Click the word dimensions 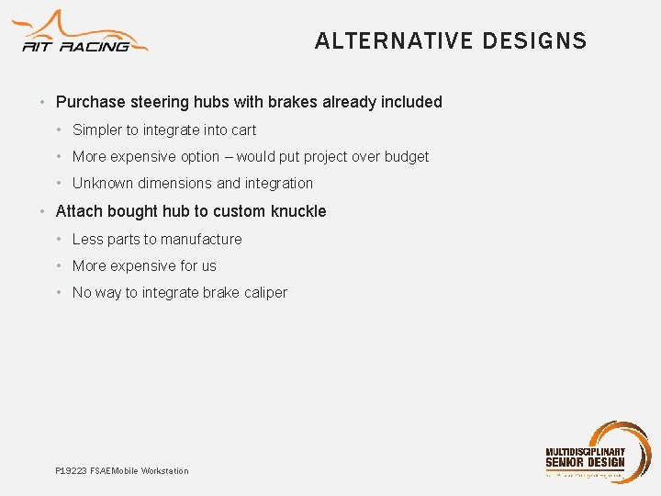175,184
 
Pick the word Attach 79,211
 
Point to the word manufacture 199,240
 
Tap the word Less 87,240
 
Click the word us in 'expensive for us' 208,266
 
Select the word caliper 263,293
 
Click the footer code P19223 71,471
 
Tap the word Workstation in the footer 164,471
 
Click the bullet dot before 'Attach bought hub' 44,211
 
